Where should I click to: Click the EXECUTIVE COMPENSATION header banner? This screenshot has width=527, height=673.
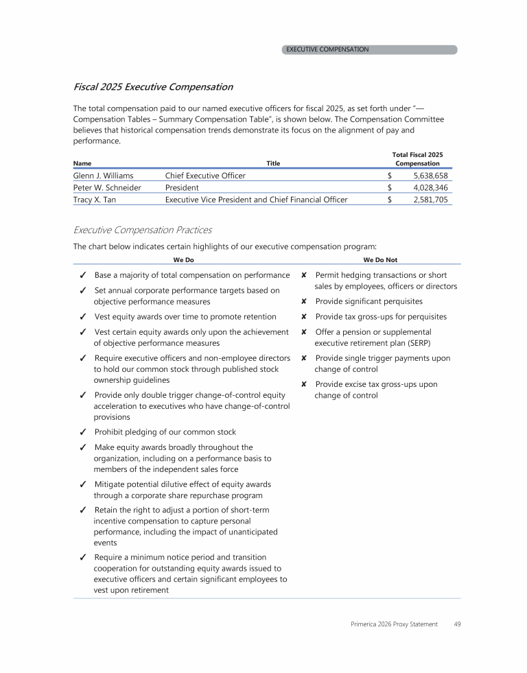click(369, 49)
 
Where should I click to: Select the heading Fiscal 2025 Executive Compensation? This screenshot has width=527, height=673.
click(152, 87)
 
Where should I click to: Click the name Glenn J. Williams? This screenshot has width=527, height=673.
click(103, 176)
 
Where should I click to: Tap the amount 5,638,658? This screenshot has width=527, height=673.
click(430, 176)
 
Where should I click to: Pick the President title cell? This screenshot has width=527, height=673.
click(182, 187)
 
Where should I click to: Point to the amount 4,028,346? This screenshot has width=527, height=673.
click(430, 187)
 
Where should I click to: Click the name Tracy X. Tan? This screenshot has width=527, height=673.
click(95, 200)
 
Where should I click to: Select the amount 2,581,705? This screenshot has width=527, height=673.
click(430, 200)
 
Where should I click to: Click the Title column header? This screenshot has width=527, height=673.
click(274, 163)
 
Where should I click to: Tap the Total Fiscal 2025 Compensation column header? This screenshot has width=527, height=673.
click(417, 159)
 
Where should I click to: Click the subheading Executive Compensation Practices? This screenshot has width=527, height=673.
click(142, 230)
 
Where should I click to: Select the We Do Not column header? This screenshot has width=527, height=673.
click(380, 260)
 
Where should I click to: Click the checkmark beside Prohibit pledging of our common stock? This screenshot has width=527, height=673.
click(82, 432)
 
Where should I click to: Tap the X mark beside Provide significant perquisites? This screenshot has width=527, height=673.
click(303, 302)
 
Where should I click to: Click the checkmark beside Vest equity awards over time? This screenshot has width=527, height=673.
click(82, 317)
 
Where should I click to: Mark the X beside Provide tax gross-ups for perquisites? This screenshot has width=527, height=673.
click(303, 317)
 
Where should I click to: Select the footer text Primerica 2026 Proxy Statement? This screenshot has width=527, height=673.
click(393, 624)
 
